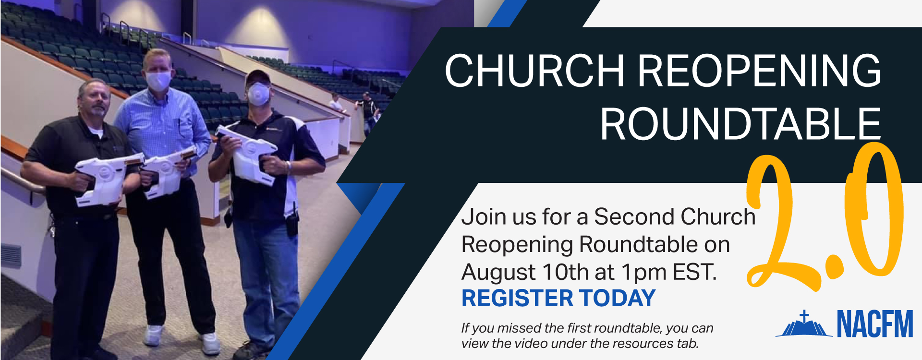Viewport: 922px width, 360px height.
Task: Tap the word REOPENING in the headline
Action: [x=759, y=70]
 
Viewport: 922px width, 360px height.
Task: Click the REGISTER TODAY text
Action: [x=558, y=298]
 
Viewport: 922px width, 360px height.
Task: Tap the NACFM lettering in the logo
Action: [x=875, y=324]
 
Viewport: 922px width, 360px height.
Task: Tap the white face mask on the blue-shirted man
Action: [x=158, y=81]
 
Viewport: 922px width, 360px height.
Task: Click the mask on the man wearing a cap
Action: [x=258, y=94]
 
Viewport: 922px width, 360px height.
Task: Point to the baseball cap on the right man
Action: [x=258, y=77]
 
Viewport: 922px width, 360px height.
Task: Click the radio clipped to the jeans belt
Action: [x=291, y=224]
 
